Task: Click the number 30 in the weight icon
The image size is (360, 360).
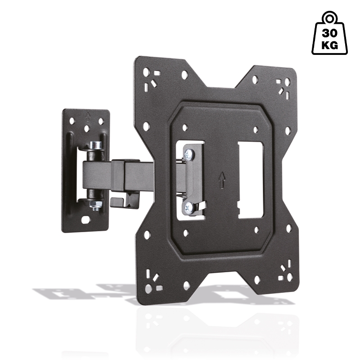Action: coord(329,33)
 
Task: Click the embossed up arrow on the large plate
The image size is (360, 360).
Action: coord(221,179)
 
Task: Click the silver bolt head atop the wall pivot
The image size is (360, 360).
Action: coord(95,145)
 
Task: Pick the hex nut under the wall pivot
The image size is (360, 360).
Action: coord(95,205)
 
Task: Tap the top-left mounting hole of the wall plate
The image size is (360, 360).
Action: coord(71,120)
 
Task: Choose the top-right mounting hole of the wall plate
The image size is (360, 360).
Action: coord(101,121)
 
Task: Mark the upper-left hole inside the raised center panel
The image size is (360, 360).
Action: coord(184,127)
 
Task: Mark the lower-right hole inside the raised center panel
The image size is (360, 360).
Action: coord(256,229)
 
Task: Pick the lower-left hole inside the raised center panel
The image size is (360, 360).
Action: coord(185,232)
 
